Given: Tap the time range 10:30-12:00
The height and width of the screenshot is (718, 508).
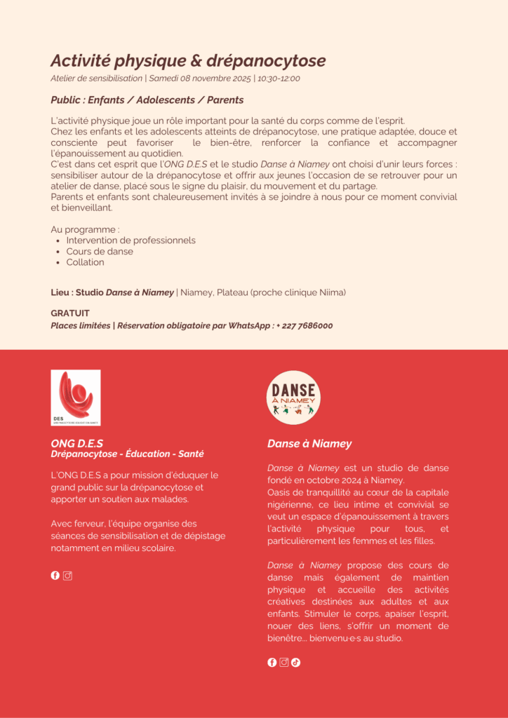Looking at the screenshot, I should [279, 79].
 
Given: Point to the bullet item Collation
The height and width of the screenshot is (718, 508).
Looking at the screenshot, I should [85, 262].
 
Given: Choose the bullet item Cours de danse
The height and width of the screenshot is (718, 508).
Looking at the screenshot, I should [100, 251].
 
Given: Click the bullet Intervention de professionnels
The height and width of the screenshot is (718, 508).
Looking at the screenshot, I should [131, 240].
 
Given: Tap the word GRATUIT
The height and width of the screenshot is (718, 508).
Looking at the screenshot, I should [70, 313].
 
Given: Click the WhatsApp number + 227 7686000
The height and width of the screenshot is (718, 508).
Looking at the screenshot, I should [305, 325].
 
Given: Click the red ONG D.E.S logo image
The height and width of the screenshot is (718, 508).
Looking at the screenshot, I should [76, 398].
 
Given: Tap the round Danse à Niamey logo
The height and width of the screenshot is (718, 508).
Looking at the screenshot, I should [293, 398].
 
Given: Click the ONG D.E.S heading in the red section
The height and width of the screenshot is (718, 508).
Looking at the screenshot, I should [76, 443].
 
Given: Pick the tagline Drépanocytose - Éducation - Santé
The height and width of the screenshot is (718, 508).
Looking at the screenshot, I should [127, 454].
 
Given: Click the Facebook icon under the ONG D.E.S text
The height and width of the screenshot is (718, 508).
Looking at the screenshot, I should [55, 576].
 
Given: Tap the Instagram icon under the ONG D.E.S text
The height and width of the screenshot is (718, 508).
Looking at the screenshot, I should [68, 576].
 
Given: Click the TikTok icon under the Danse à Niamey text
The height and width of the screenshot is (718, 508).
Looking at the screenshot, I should [295, 662].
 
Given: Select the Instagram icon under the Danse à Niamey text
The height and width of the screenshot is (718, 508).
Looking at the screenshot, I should [284, 662].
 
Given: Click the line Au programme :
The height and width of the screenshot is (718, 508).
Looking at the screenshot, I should [85, 229].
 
